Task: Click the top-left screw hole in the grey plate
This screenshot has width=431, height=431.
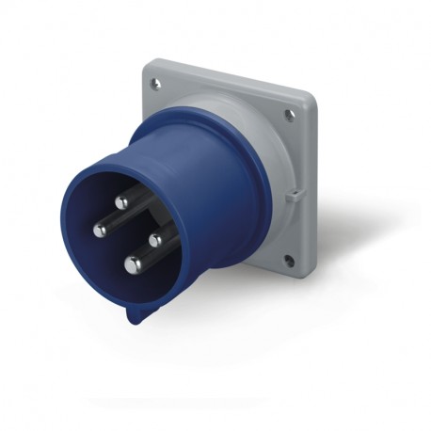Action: point(156,84)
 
